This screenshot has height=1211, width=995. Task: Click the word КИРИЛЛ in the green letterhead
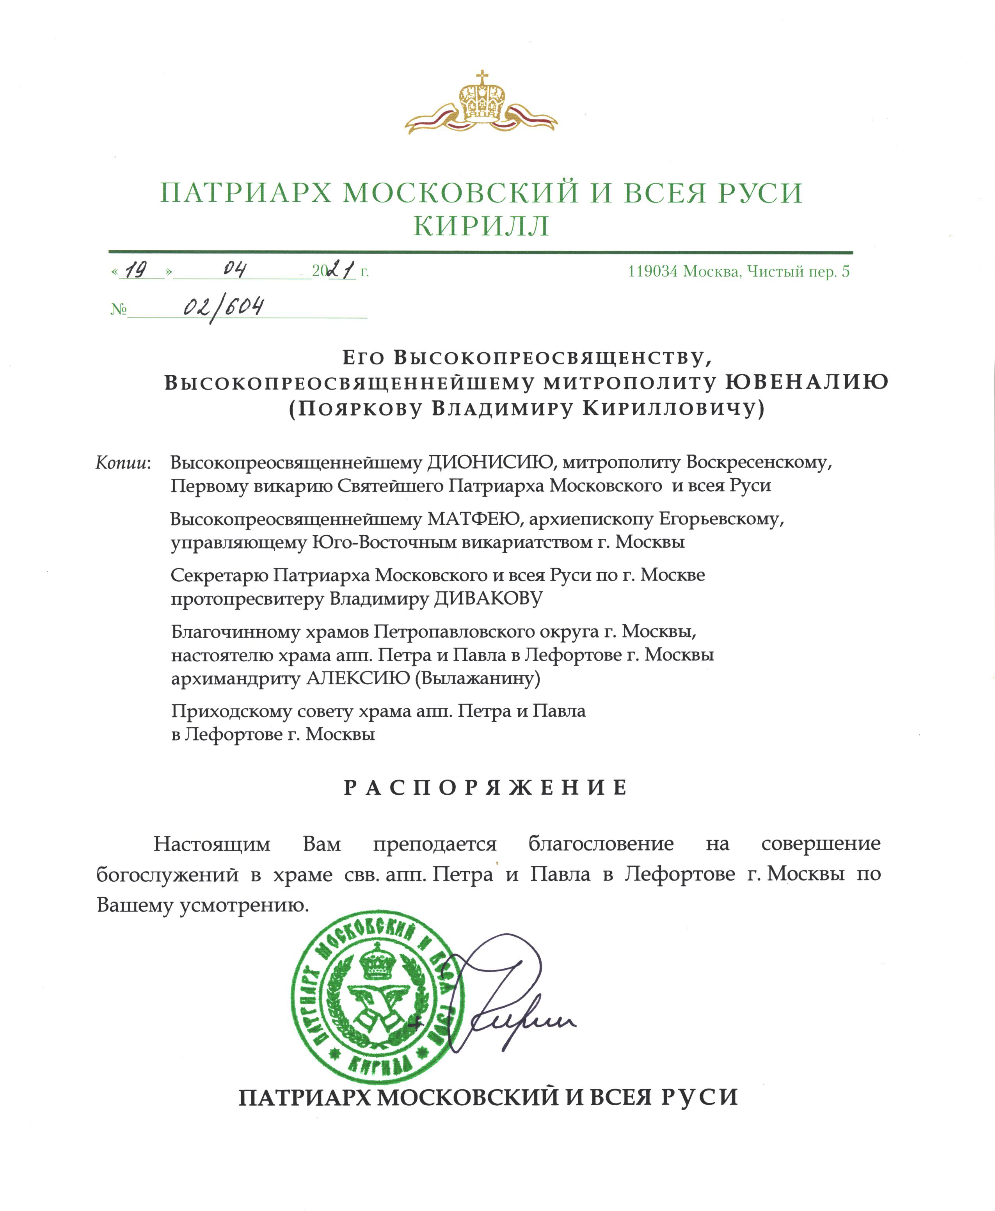pos(482,226)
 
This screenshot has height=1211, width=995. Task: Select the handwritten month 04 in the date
pos(235,269)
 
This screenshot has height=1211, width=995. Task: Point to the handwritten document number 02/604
pos(224,308)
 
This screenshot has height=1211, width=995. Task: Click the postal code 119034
pos(652,271)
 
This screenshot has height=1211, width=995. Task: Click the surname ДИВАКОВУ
pos(488,598)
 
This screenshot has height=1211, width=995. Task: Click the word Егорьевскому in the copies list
pos(721,519)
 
